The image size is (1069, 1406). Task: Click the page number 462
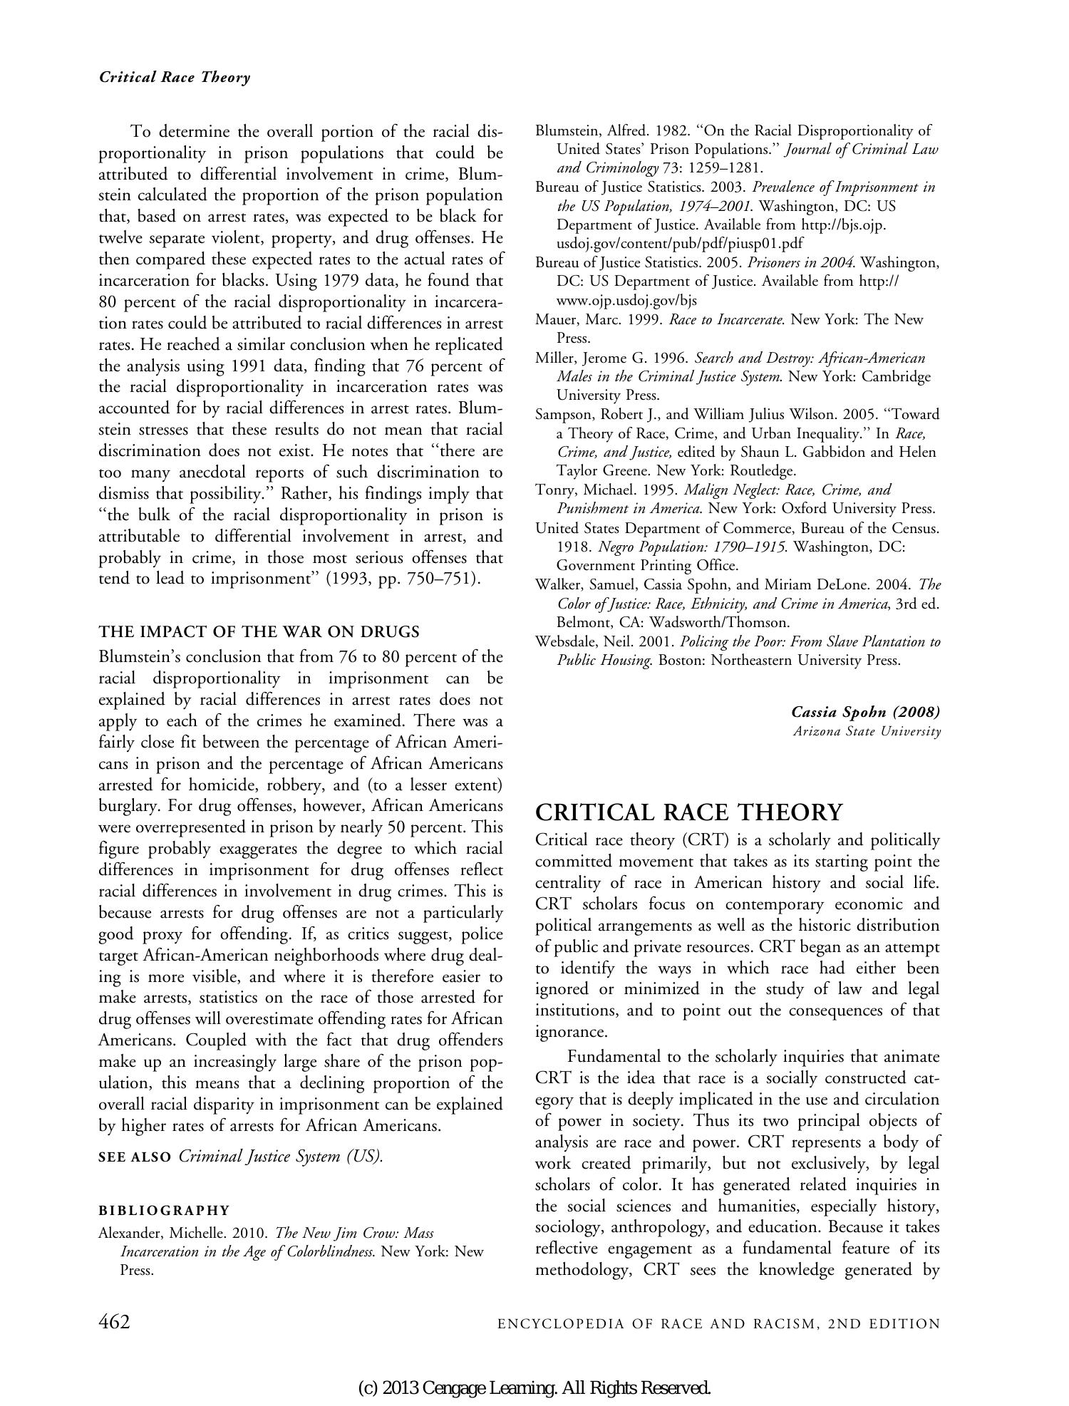pyautogui.click(x=114, y=1322)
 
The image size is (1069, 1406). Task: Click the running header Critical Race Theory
pyautogui.click(x=175, y=78)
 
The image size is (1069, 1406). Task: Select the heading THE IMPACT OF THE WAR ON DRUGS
pyautogui.click(x=259, y=631)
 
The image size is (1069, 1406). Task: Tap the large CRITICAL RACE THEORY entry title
pyautogui.click(x=688, y=812)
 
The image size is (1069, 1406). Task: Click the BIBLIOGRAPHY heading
pyautogui.click(x=164, y=1210)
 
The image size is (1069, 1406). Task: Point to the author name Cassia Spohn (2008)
pyautogui.click(x=865, y=712)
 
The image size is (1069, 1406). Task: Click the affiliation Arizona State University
pyautogui.click(x=867, y=731)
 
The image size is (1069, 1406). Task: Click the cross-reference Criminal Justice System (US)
pyautogui.click(x=281, y=1156)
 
